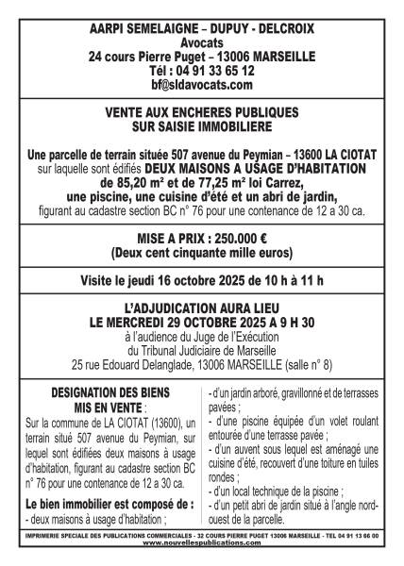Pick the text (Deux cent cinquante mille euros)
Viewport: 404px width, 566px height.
click(202, 255)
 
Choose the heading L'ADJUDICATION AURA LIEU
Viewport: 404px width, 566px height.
click(202, 308)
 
